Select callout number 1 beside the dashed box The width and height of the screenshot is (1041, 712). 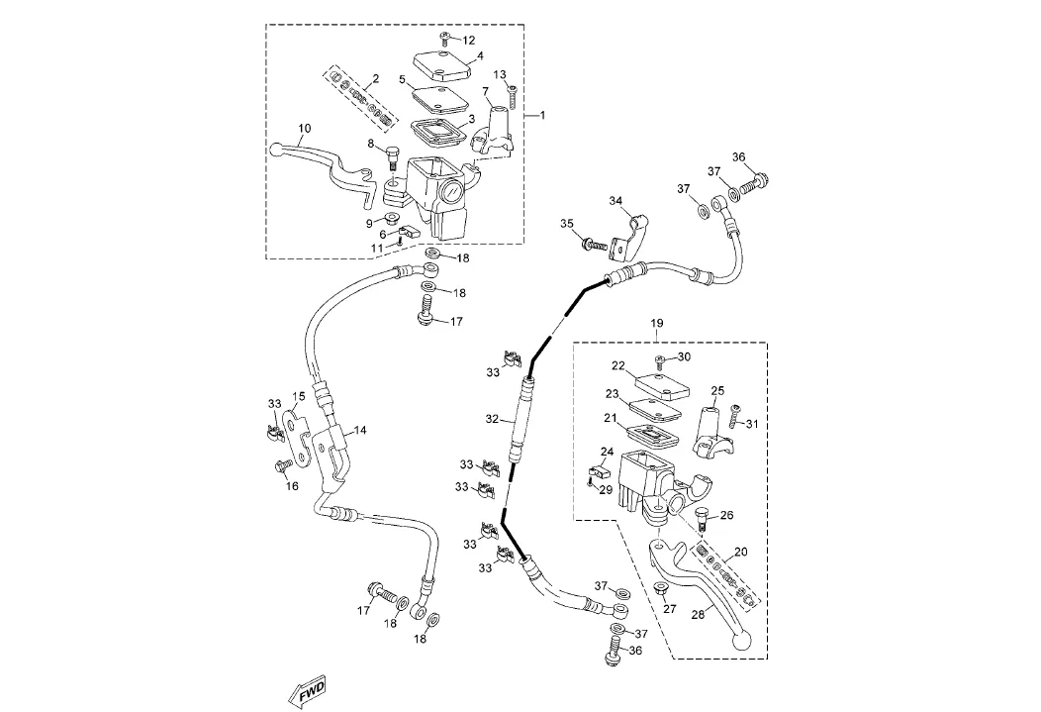541,116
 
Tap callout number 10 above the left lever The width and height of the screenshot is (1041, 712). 304,129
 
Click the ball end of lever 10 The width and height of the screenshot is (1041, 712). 276,151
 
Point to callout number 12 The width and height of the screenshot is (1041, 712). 469,40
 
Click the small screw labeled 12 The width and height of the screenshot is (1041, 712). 446,38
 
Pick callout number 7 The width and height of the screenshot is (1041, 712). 486,91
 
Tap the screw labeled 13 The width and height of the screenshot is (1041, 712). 514,97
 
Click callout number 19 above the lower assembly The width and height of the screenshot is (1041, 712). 657,324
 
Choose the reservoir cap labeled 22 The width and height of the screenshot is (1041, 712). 660,383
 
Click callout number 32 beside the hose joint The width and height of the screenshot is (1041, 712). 492,419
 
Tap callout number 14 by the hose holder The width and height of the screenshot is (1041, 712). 360,430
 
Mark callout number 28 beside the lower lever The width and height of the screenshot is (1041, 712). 698,615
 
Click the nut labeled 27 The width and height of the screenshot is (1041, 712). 658,591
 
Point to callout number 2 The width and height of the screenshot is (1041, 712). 376,78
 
